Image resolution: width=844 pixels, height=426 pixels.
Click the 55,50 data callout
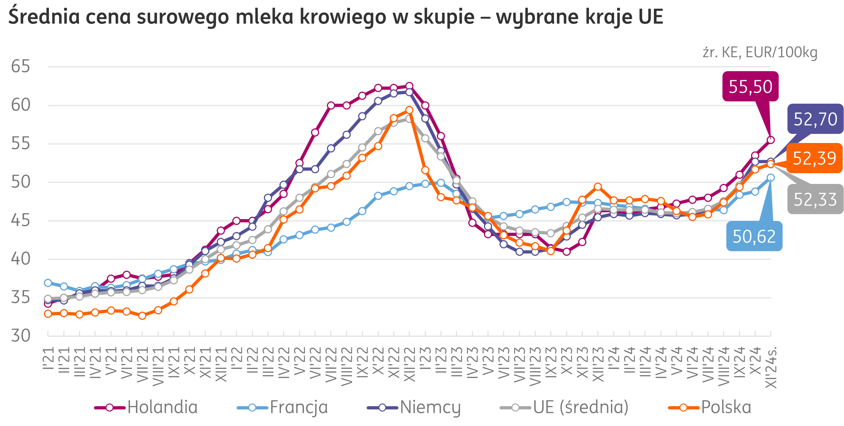click(x=750, y=86)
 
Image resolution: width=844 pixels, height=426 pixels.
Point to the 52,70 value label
click(x=815, y=119)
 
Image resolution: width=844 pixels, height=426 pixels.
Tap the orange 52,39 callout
click(x=814, y=158)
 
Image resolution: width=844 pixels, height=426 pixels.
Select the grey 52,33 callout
click(x=815, y=199)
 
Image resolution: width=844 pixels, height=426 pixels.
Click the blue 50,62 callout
click(x=754, y=236)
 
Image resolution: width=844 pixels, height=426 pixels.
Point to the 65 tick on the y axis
click(x=20, y=67)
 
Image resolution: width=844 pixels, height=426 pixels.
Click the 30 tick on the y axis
click(x=20, y=336)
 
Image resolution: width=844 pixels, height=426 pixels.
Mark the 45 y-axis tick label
click(x=20, y=221)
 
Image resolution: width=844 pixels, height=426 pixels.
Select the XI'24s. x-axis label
click(x=771, y=367)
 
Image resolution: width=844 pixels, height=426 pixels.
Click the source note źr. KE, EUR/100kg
click(x=760, y=52)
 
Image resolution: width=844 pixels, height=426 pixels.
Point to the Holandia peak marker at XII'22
click(x=409, y=86)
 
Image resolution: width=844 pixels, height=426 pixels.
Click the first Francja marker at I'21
click(x=48, y=282)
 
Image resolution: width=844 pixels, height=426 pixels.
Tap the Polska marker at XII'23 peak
click(x=598, y=187)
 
